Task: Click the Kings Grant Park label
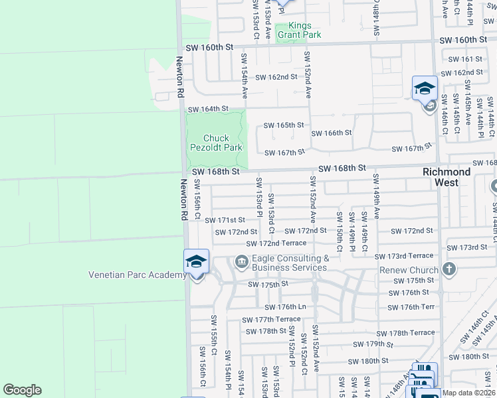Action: point(299,31)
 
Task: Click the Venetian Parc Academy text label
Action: point(138,275)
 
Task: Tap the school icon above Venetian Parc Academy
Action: point(197,261)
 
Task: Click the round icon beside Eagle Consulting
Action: point(241,263)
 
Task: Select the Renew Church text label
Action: point(409,270)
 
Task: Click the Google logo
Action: point(22,390)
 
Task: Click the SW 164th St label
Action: point(208,109)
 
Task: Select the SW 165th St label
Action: point(284,125)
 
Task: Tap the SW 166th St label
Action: point(332,133)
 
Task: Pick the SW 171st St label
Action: point(225,220)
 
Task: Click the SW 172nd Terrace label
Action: point(276,243)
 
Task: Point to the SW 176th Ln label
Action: point(285,307)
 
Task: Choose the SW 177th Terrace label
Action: point(271,319)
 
